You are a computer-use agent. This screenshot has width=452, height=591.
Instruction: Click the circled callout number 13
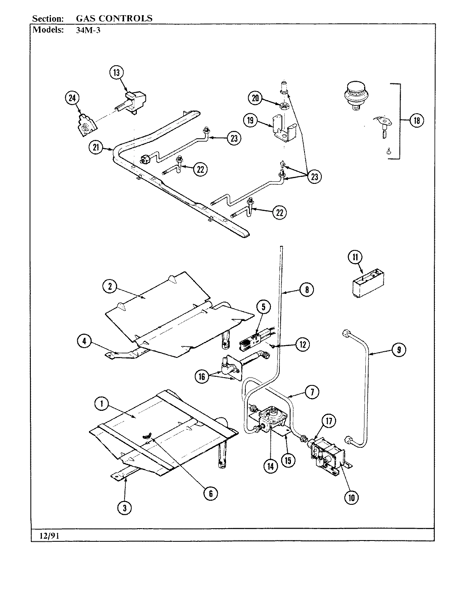click(x=116, y=73)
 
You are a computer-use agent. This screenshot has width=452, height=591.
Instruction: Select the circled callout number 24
click(x=72, y=98)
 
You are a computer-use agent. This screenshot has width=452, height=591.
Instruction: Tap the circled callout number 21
click(x=96, y=148)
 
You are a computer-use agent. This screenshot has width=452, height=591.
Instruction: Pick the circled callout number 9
click(x=399, y=350)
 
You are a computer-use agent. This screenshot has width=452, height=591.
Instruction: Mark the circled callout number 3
click(x=125, y=508)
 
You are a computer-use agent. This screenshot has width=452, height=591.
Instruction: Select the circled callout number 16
click(x=202, y=377)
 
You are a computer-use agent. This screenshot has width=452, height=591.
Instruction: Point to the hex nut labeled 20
click(x=284, y=105)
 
